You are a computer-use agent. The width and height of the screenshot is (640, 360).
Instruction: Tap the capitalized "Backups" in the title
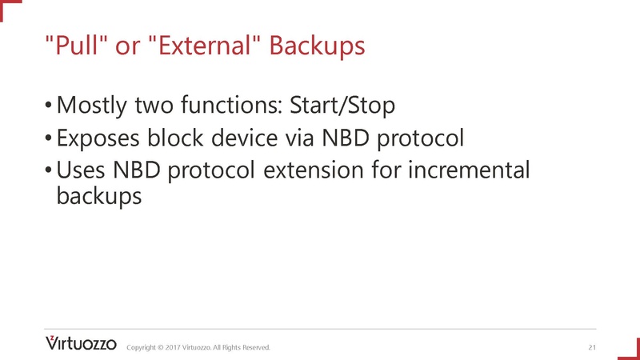(x=317, y=46)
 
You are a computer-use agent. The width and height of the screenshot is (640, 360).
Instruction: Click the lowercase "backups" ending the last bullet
(x=99, y=197)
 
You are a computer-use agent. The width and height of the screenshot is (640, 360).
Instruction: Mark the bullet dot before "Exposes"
(x=49, y=138)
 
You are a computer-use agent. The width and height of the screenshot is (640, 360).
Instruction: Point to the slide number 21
(x=592, y=347)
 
